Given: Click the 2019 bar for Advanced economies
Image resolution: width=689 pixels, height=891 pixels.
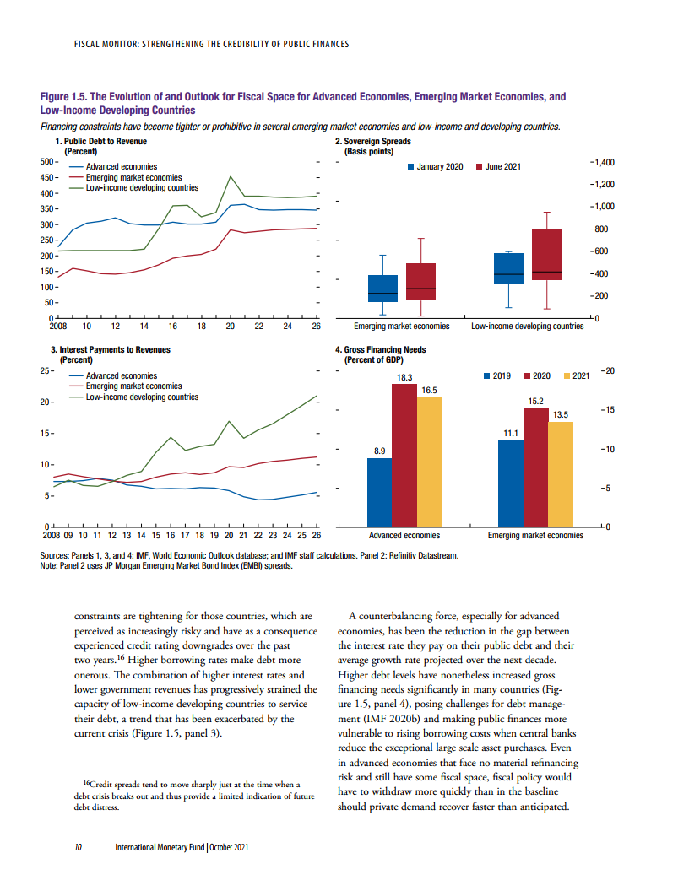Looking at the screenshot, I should click(x=379, y=492).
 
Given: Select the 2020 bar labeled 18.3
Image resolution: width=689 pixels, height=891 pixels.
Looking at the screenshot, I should click(x=404, y=456).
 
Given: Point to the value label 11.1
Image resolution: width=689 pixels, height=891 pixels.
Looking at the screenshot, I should click(x=510, y=433).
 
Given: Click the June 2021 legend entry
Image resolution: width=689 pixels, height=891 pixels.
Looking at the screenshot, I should click(x=503, y=167).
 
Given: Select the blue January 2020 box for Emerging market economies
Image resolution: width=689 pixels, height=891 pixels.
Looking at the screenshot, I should click(x=383, y=288).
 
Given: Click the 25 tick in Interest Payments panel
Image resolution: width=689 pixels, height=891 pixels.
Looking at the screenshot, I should click(x=48, y=370).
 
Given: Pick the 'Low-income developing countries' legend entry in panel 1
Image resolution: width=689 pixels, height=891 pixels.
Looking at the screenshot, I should click(x=142, y=187).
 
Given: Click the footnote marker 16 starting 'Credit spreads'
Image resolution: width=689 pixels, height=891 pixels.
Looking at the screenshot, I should click(x=87, y=783).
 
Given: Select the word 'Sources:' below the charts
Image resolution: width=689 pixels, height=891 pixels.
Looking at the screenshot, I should click(x=56, y=556).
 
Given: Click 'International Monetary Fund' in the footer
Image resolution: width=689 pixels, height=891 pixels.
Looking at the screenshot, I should click(x=162, y=846).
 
